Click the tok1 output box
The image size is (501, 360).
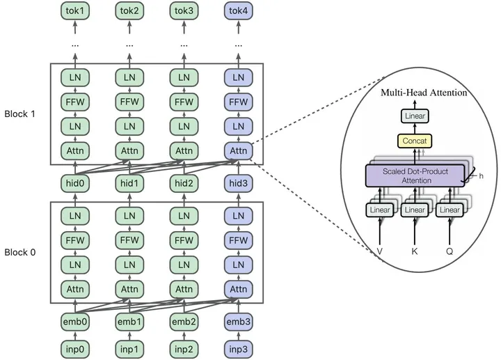point(75,12)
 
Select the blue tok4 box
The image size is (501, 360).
point(239,12)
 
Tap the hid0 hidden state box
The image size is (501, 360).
point(75,183)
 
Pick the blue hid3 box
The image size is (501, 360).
point(239,183)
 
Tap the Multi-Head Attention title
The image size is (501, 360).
point(423,93)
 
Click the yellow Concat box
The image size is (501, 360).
point(415,141)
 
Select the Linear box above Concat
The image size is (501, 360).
point(415,116)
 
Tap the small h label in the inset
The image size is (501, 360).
point(480,176)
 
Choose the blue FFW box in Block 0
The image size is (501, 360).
point(239,240)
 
